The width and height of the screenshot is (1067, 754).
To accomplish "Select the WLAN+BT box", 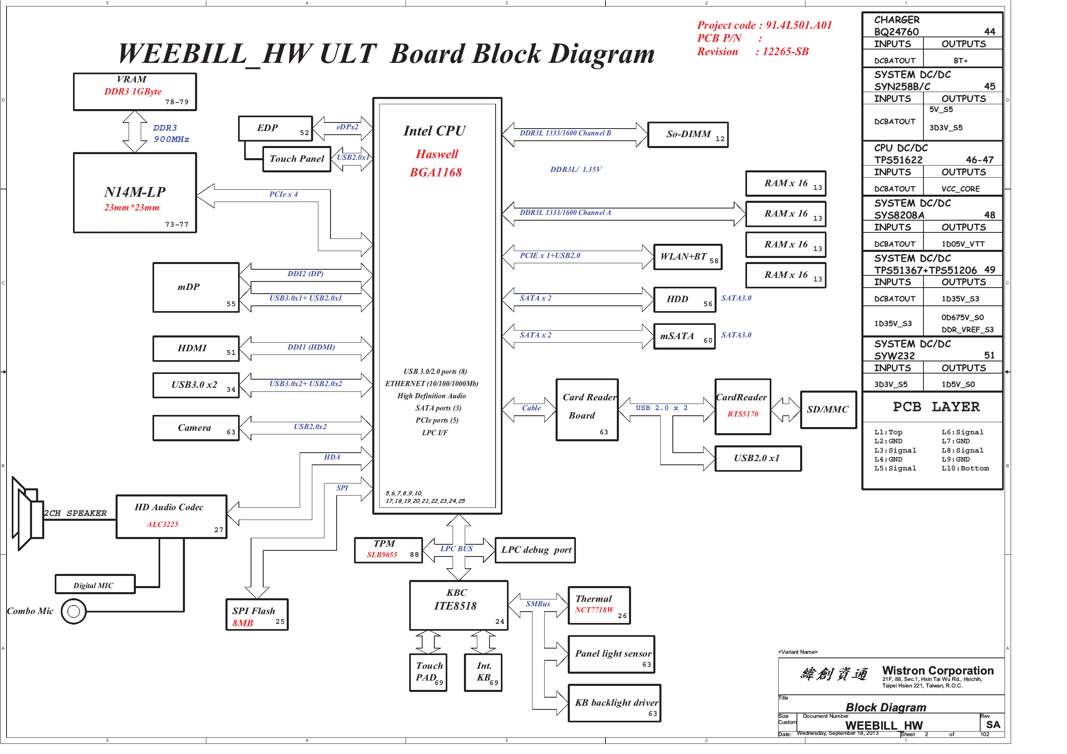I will (x=687, y=257).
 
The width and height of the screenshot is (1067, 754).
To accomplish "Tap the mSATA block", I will (x=684, y=336).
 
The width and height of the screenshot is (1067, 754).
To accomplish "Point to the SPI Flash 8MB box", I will (x=257, y=614).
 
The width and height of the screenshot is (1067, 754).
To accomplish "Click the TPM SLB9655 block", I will (x=388, y=550).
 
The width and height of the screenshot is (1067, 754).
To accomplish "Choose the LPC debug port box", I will (x=535, y=550).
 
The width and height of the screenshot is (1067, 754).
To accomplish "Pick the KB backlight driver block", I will (x=614, y=703).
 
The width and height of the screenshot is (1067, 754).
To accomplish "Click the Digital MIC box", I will (x=95, y=584).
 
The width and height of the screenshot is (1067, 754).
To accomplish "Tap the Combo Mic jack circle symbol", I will (x=73, y=611).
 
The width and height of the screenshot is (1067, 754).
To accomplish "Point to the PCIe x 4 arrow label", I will (x=283, y=194).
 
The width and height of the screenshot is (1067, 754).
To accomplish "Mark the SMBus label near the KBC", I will (x=538, y=604).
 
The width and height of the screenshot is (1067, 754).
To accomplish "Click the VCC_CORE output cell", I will (x=961, y=189).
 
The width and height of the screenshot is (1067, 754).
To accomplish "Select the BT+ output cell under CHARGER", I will (x=961, y=60).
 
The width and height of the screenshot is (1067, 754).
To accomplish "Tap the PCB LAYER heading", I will (x=936, y=407).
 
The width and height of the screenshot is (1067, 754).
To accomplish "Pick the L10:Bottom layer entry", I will (x=965, y=468).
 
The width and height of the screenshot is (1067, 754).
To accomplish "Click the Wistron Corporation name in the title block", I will (x=938, y=670).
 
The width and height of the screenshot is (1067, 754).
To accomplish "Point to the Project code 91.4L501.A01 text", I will (x=764, y=25).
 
